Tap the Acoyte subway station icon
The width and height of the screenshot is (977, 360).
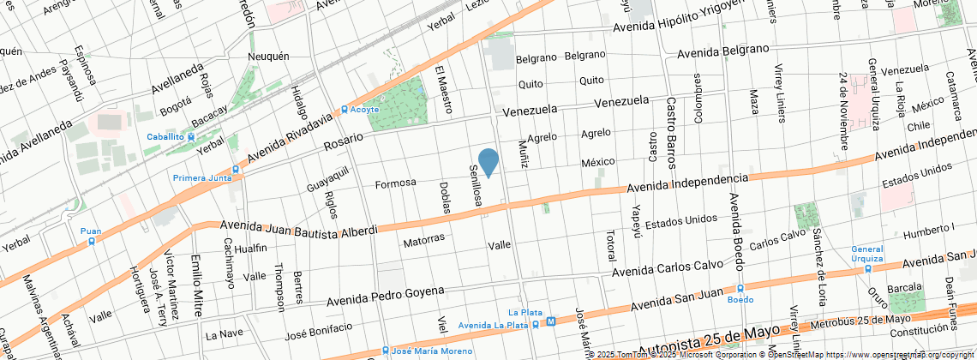coord(345,110)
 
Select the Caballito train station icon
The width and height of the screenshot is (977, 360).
coord(191,136)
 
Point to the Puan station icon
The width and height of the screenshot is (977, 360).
coord(92,241)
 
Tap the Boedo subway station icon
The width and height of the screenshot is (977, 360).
coord(740,289)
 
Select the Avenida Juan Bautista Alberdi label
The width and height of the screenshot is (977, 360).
coord(299,229)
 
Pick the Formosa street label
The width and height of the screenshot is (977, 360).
coord(395,183)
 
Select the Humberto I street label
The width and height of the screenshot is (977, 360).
coord(929,229)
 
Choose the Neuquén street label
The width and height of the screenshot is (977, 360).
coord(265,57)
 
